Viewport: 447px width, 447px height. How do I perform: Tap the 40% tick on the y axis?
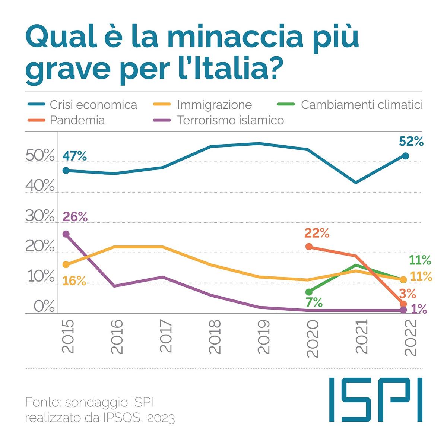click(x=40, y=186)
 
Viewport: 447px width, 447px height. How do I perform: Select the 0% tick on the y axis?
click(x=44, y=307)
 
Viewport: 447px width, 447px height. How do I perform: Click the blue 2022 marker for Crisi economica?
click(x=405, y=156)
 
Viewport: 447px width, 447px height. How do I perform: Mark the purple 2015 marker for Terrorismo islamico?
click(x=66, y=234)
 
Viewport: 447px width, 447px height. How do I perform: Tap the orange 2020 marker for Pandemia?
click(x=309, y=247)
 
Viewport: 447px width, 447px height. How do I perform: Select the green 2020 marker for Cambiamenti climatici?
click(x=309, y=292)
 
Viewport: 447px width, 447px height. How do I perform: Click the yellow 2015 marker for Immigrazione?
click(x=66, y=264)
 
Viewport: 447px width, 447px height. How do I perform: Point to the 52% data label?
click(x=411, y=142)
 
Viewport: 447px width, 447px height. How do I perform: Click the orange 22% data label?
click(x=317, y=233)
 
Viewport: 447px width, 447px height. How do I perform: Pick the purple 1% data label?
click(x=419, y=309)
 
